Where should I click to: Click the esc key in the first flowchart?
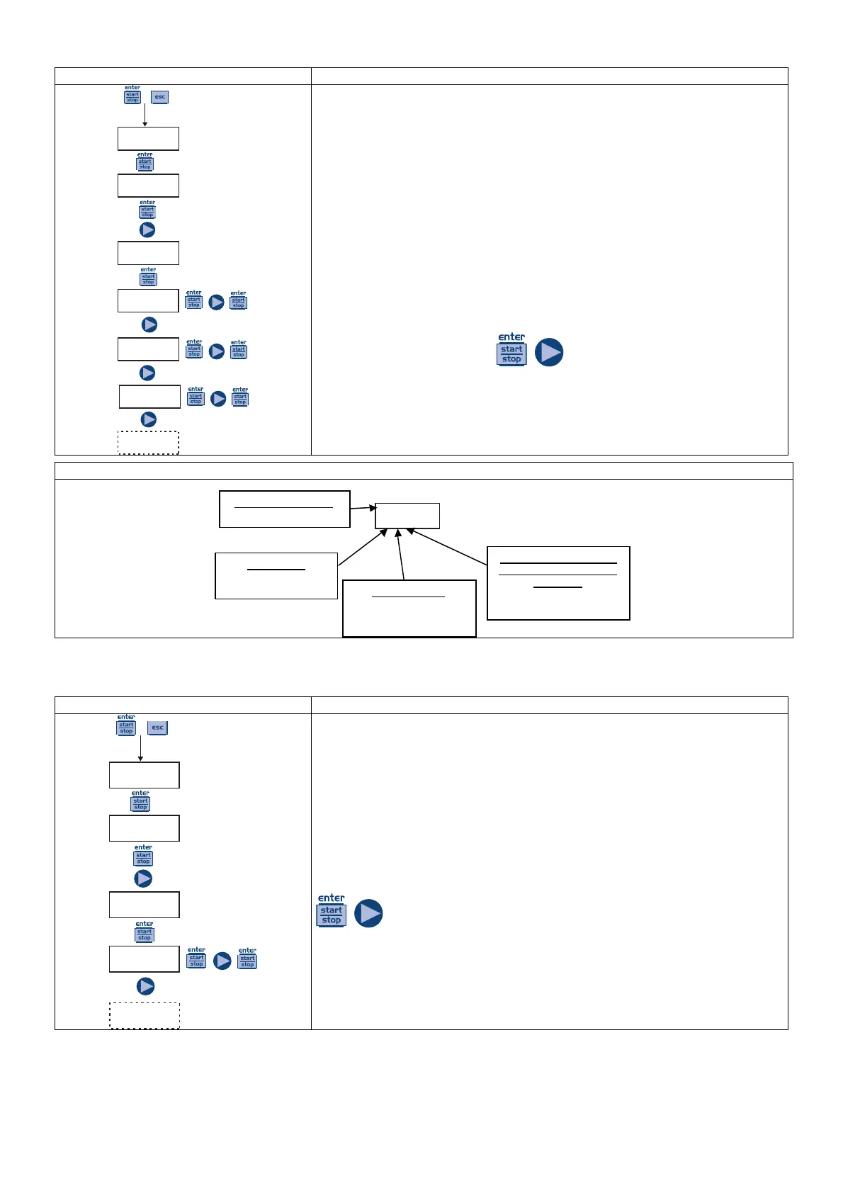pos(160,97)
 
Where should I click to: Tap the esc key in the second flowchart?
pos(157,728)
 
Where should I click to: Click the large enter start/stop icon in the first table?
pos(511,349)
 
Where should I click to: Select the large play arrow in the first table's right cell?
pos(549,352)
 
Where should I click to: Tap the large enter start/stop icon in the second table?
pos(331,911)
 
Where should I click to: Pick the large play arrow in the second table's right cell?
pos(368,913)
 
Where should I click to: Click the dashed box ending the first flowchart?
pos(148,443)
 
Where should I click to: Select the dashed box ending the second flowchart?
pos(145,1015)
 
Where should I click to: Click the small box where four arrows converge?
pos(407,516)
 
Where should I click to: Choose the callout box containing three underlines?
pos(558,583)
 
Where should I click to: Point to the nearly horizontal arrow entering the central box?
pos(363,508)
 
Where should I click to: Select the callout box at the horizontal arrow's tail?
pos(285,509)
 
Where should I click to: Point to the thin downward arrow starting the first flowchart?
pos(145,115)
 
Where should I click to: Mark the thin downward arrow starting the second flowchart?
pos(140,748)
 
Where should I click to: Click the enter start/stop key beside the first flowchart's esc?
pos(132,96)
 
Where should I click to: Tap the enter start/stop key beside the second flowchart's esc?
pos(126,726)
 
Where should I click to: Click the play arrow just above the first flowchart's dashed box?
pos(149,419)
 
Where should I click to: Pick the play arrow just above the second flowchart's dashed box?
pos(145,986)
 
